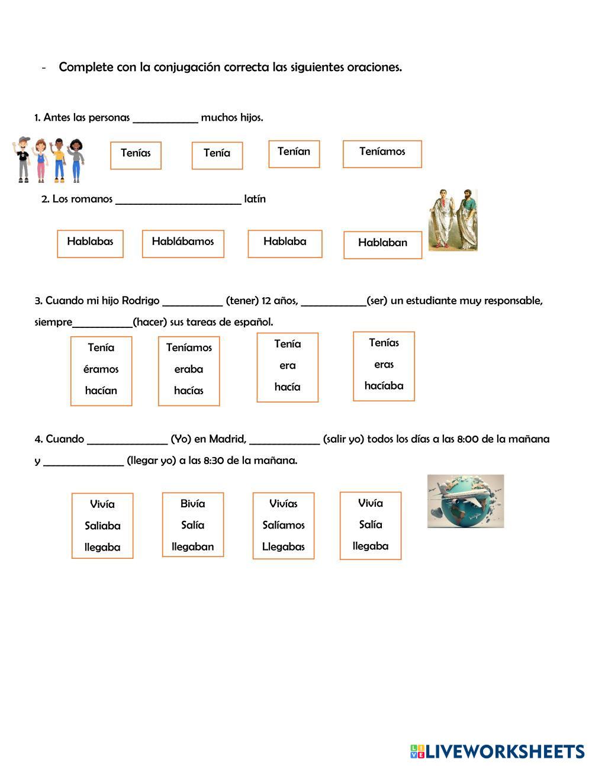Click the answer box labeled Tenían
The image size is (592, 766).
[294, 154]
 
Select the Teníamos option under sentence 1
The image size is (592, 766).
[382, 154]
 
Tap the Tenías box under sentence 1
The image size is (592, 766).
[136, 156]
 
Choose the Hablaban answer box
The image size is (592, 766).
[382, 245]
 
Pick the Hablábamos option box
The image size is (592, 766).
[183, 244]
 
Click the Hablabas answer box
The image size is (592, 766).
[90, 244]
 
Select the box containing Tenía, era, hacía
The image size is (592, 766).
[288, 368]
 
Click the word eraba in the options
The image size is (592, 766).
[189, 369]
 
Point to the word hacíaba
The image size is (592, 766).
[384, 385]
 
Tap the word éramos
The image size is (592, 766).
[101, 369]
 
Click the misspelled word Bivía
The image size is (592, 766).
[193, 503]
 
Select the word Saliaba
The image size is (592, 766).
[102, 526]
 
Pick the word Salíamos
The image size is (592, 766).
[284, 525]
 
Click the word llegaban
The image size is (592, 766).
[193, 547]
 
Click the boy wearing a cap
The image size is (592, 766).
[22, 159]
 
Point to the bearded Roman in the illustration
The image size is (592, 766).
[466, 219]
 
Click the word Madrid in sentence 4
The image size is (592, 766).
[228, 439]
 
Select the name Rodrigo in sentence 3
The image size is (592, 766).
[140, 301]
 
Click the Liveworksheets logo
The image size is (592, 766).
[497, 751]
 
